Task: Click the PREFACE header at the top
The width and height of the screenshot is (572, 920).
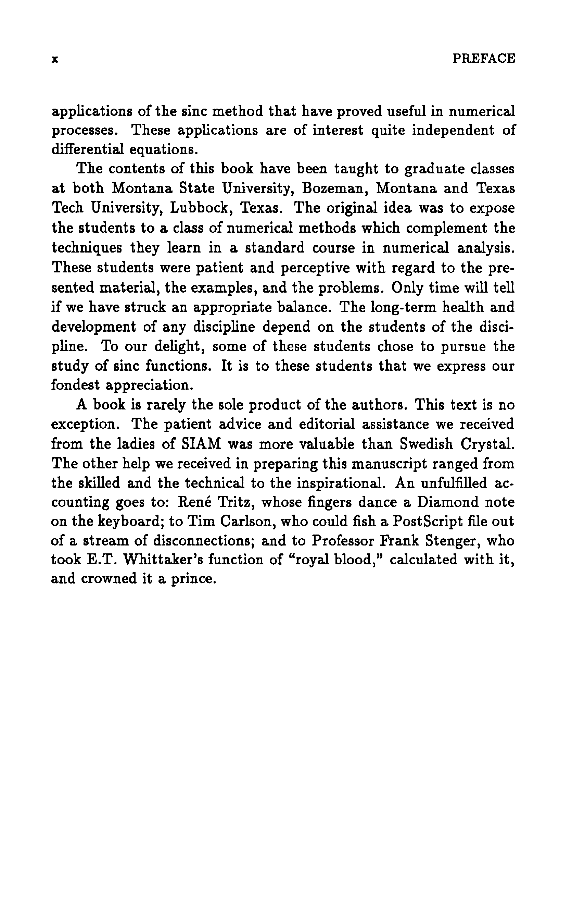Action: pos(483,58)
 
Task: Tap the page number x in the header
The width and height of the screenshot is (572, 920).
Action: pos(55,59)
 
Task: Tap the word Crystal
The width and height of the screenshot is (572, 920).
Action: pos(488,444)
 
